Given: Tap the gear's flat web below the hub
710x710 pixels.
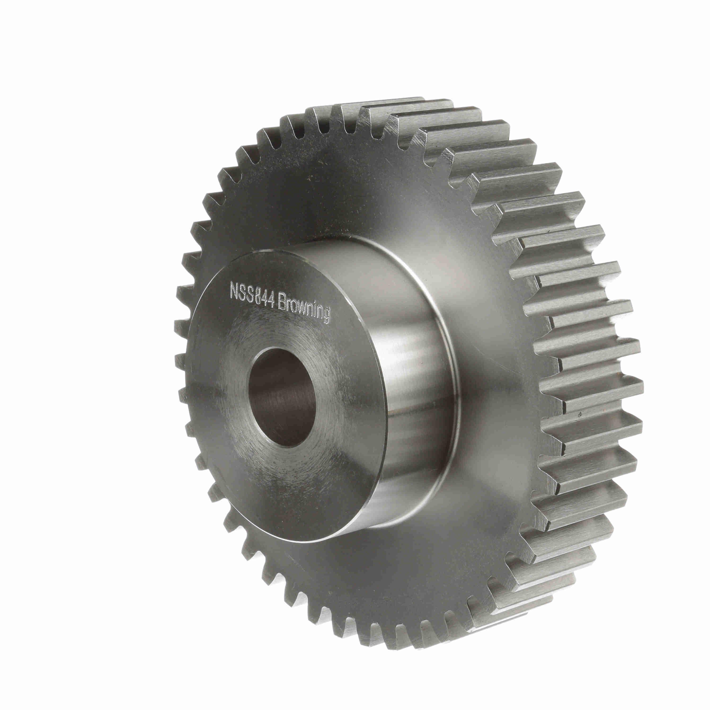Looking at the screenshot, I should click(x=368, y=573).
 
